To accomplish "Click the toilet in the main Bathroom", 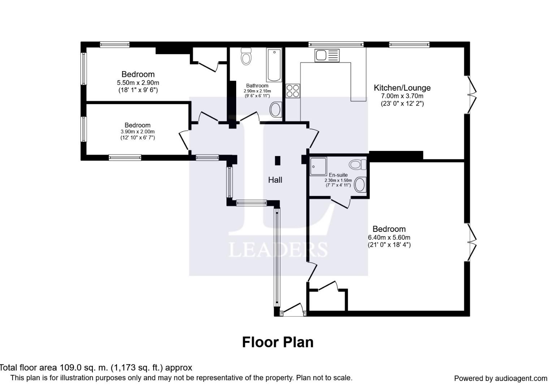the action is pos(246,57).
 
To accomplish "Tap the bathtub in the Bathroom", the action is pos(274,65).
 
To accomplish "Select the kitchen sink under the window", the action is pos(327,55).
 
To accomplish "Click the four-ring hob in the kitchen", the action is pos(293,91).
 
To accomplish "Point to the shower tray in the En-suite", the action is pos(318,166).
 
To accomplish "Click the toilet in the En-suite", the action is pos(358,165).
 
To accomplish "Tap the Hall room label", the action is pos(275,180).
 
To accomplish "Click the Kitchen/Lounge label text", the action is pos(402,88).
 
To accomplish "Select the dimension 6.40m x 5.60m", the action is pos(389,237).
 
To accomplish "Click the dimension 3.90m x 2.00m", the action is pos(138,131).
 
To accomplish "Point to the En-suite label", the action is pos(338,175).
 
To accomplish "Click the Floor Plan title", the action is pos(278,342).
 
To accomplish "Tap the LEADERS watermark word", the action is pos(278,250).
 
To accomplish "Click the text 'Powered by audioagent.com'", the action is pos(501,378).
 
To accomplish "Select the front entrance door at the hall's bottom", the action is pos(293,309).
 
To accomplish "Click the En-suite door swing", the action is pos(340,203).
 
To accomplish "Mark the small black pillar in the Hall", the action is pos(277,161).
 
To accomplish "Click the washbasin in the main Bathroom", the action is pos(276,109).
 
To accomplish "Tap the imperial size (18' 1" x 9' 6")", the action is pos(138,90).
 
